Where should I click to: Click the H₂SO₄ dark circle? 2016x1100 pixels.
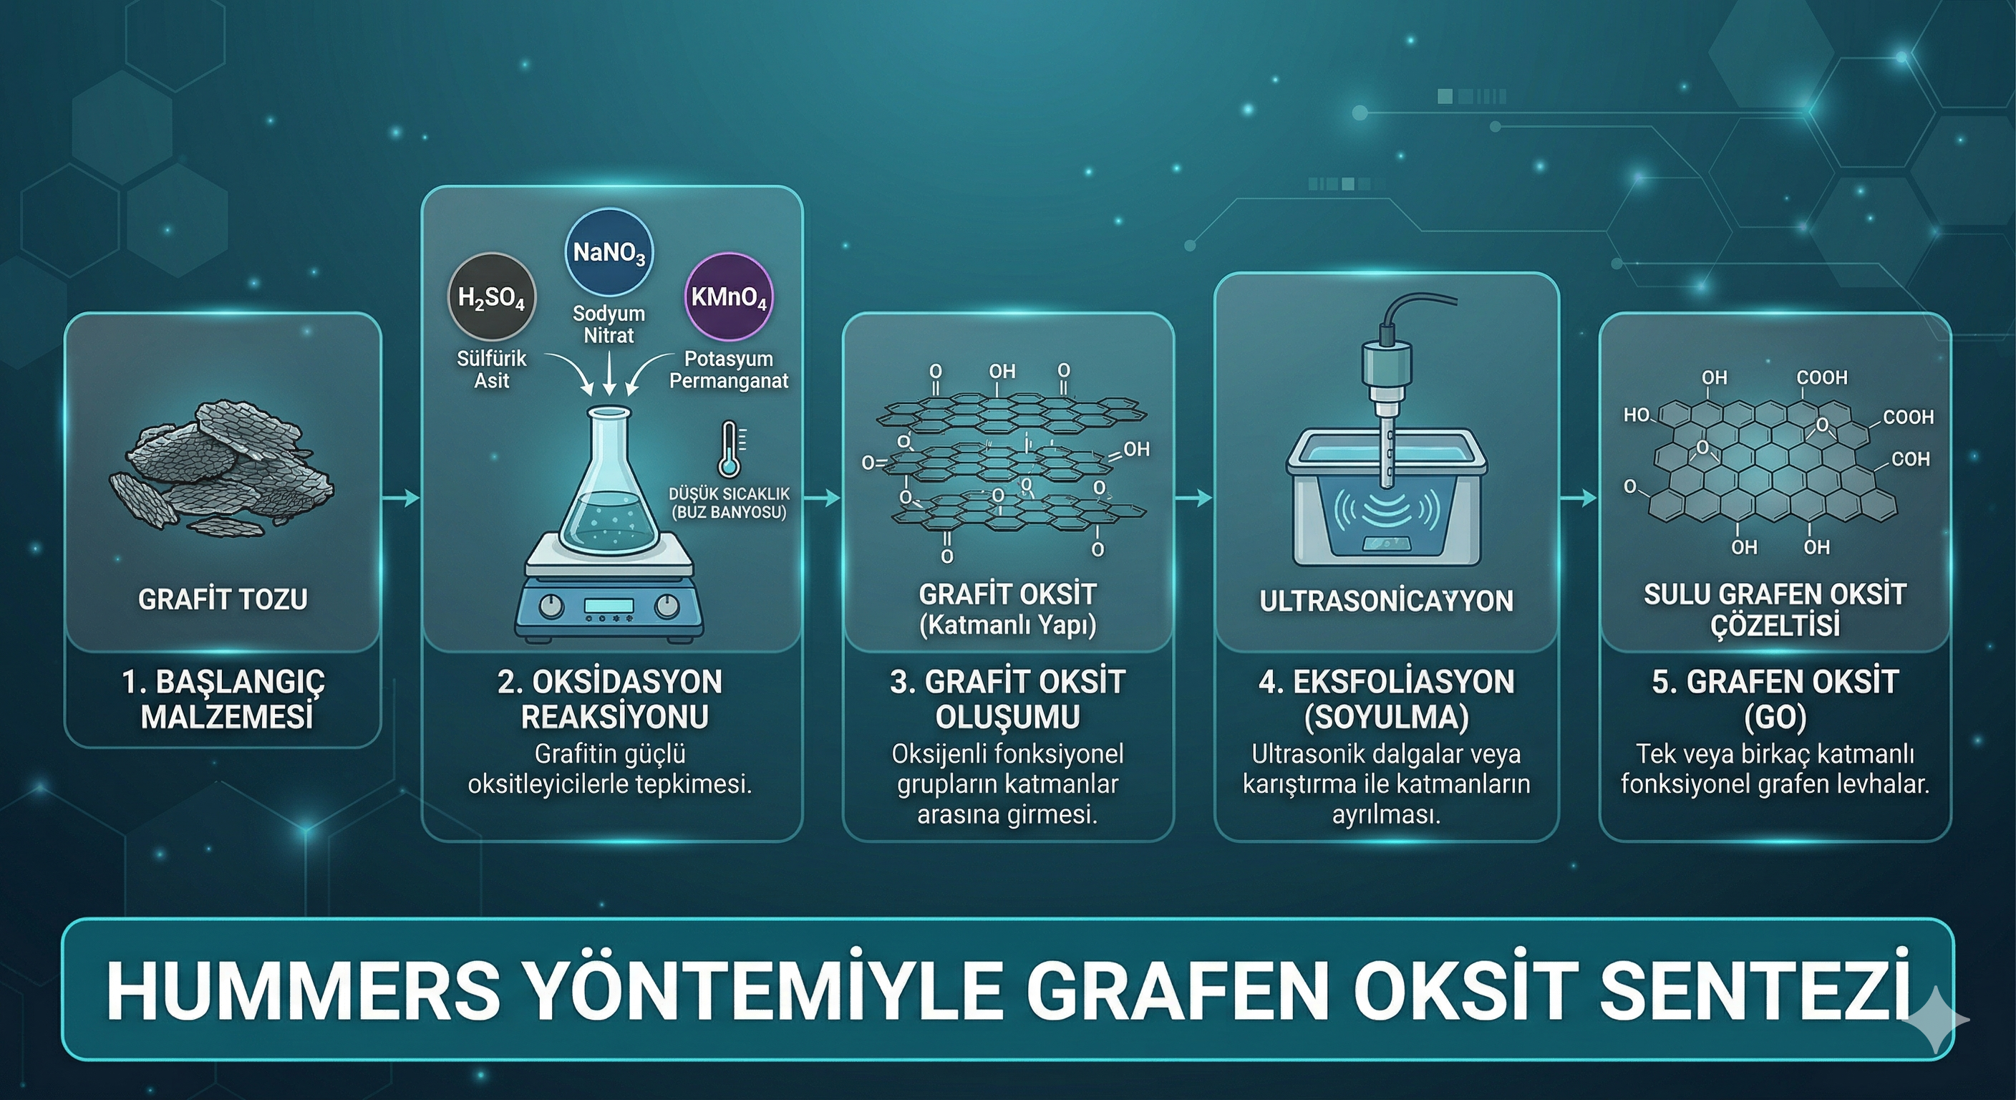click(492, 296)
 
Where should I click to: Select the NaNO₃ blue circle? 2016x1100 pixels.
click(609, 252)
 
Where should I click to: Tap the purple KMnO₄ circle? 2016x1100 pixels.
click(729, 296)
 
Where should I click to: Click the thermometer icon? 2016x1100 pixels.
click(732, 450)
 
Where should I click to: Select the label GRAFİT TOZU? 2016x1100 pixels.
click(223, 599)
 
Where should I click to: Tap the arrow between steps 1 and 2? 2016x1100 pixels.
click(401, 497)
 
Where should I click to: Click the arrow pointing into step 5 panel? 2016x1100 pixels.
click(1579, 497)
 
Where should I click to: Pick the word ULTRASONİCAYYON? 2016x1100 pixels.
click(1387, 602)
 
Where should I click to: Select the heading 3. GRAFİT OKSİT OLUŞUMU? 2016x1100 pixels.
click(1008, 699)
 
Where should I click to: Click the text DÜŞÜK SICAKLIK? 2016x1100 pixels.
click(730, 494)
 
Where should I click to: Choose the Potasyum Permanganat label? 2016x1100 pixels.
click(729, 370)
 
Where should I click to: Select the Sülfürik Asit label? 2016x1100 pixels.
click(492, 370)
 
